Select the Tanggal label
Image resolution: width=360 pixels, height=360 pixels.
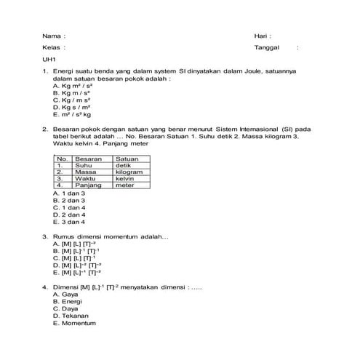pyautogui.click(x=267, y=47)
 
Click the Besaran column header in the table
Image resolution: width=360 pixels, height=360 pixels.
pyautogui.click(x=88, y=159)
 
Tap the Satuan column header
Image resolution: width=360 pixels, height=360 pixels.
pyautogui.click(x=127, y=159)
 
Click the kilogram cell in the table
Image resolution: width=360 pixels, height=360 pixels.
pyautogui.click(x=129, y=172)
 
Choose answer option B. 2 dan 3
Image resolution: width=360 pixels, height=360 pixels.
pyautogui.click(x=70, y=201)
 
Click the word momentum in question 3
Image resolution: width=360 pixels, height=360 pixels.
pyautogui.click(x=127, y=236)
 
